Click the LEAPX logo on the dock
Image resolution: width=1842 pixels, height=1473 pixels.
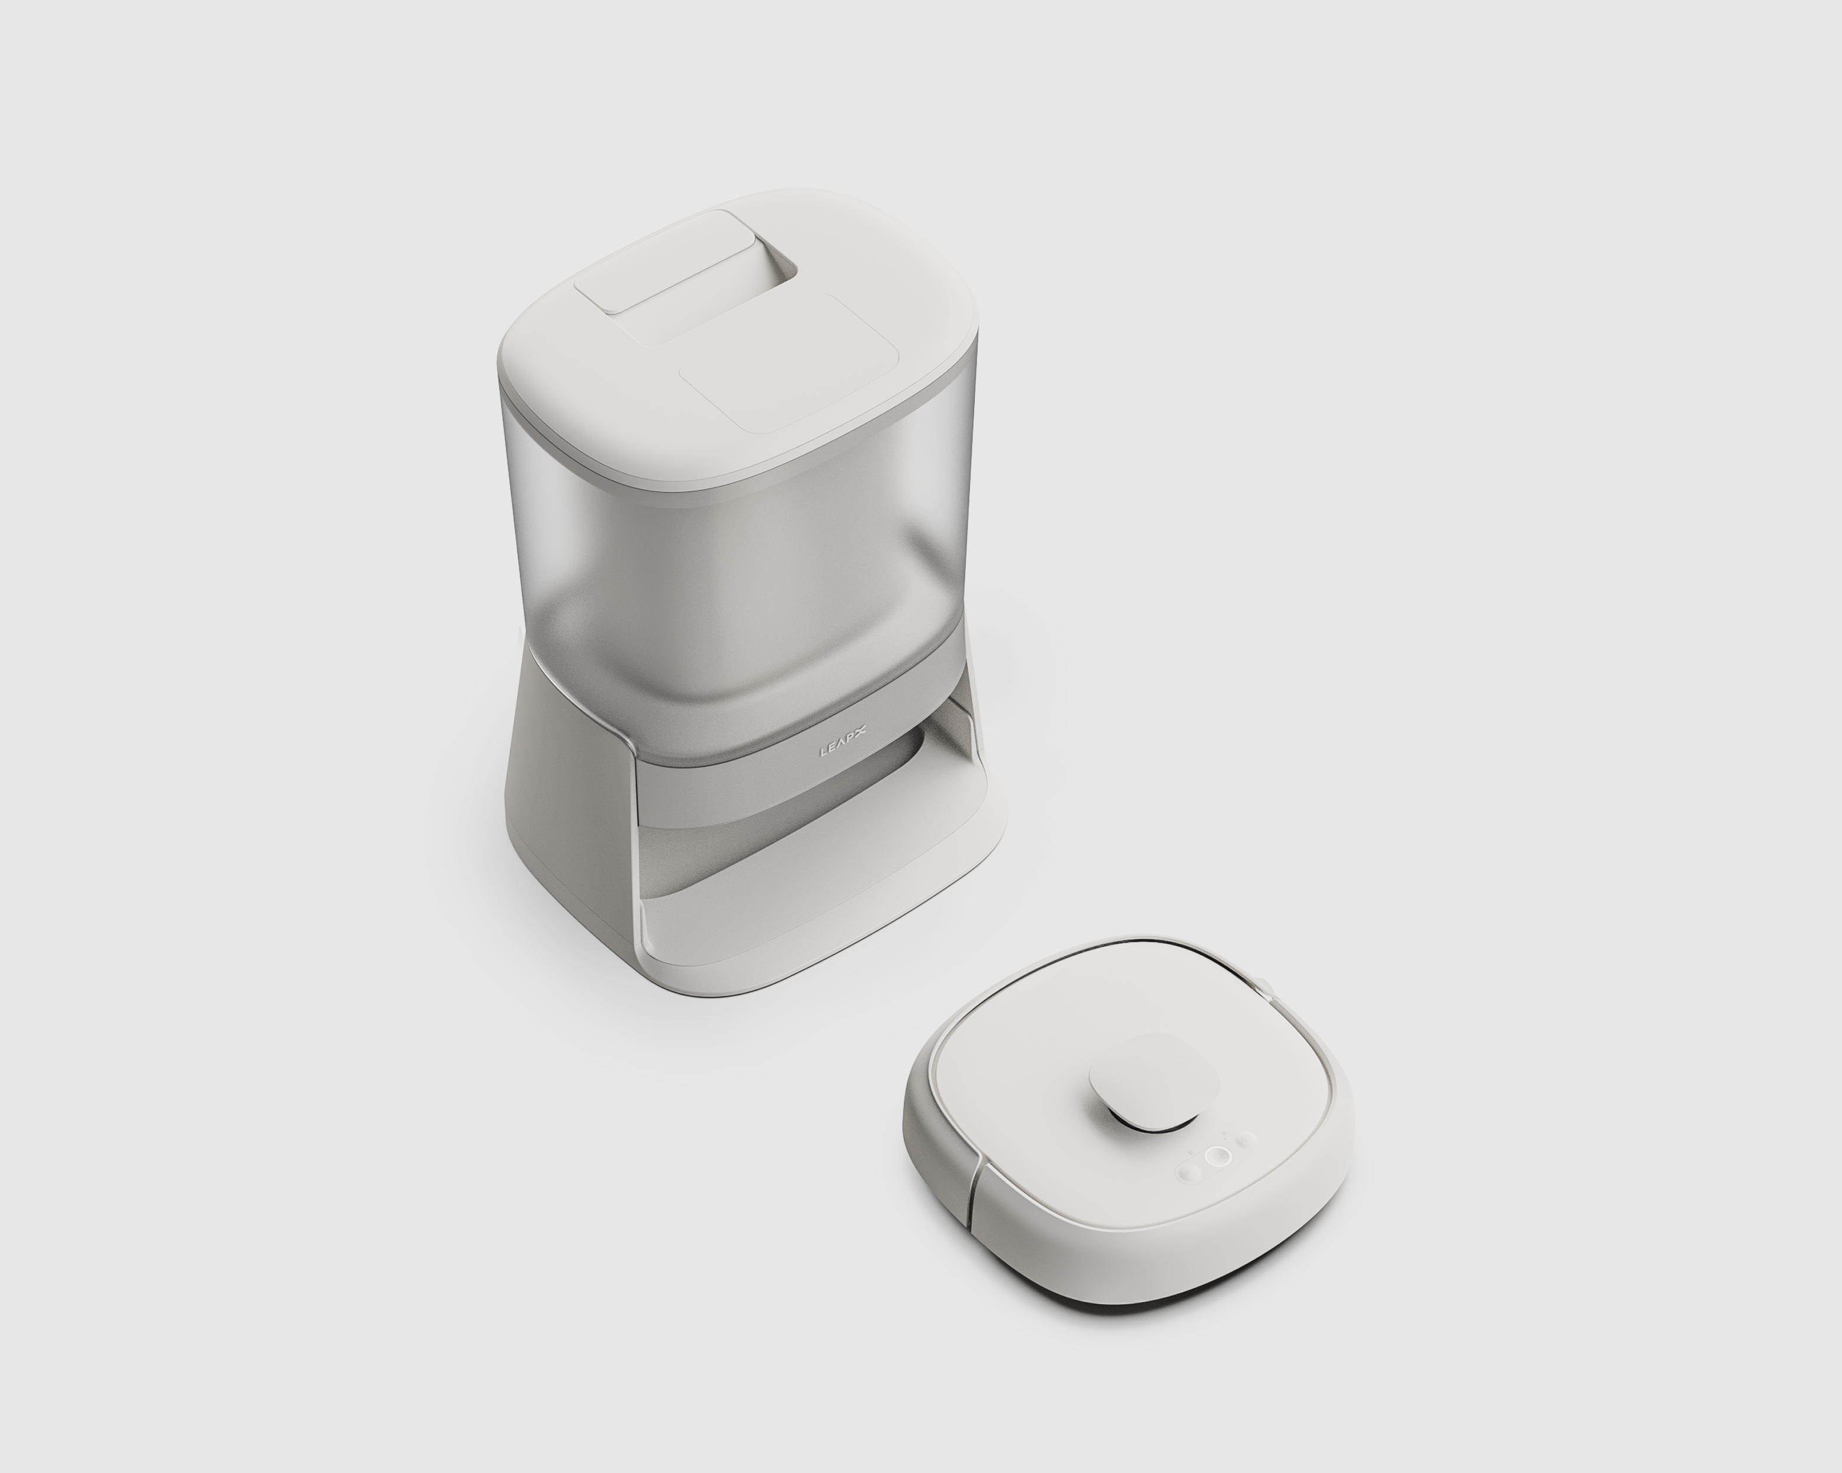[843, 752]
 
